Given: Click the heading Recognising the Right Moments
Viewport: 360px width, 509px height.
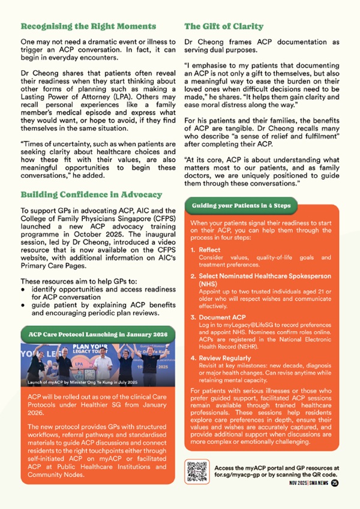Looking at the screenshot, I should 88,26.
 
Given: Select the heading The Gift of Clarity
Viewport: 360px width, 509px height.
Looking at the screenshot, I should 224,26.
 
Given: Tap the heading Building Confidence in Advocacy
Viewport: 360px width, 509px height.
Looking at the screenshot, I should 91,194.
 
